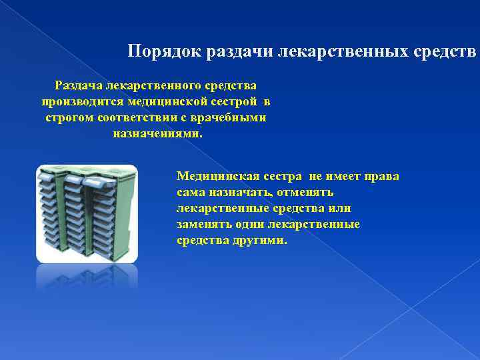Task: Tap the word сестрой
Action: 234,102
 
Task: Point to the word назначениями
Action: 157,133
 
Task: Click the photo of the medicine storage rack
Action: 87,213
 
